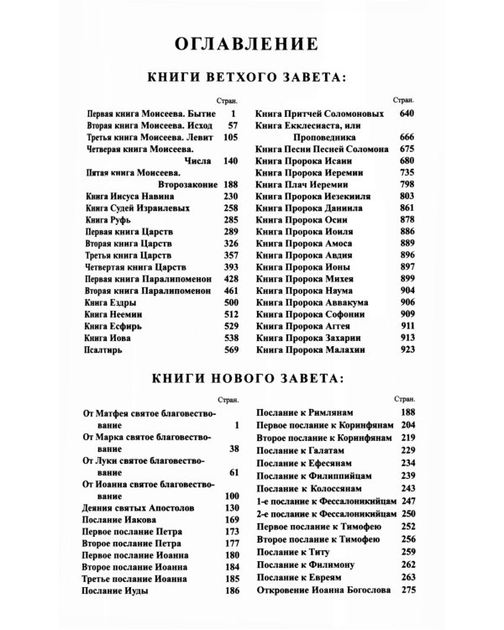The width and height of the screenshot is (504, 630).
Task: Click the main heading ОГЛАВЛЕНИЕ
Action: click(252, 43)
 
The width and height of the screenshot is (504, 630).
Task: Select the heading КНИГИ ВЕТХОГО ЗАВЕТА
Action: click(252, 79)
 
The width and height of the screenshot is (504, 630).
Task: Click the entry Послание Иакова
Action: click(120, 522)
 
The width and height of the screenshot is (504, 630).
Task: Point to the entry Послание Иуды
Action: click(115, 592)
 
